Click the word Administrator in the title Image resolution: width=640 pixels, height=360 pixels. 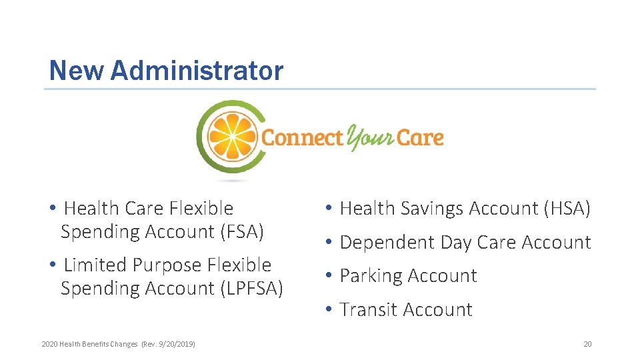[197, 71]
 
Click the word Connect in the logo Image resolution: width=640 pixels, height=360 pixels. [302, 138]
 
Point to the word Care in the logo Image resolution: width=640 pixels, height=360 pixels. [420, 138]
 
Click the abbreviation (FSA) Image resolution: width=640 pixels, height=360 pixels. [242, 232]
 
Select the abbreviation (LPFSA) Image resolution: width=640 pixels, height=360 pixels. [251, 289]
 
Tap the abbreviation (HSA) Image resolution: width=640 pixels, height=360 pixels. [567, 209]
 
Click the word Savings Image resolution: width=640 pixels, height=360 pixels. [432, 209]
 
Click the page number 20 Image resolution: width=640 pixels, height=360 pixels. [587, 344]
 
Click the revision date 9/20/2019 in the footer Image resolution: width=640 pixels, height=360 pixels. [177, 344]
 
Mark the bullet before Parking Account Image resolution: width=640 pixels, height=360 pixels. [329, 276]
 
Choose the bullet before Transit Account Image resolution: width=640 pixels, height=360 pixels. [329, 310]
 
